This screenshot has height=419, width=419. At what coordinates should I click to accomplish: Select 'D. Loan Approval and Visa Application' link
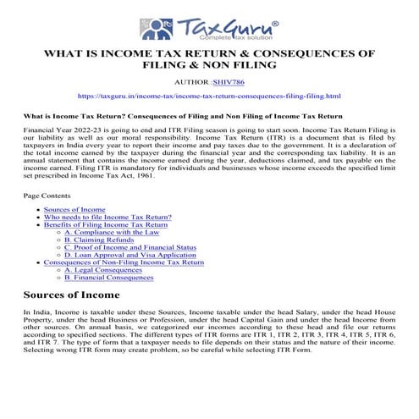(x=124, y=255)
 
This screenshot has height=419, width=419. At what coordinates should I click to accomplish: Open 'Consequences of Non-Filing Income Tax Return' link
(x=124, y=262)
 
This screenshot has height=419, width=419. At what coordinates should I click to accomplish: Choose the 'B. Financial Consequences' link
(x=109, y=278)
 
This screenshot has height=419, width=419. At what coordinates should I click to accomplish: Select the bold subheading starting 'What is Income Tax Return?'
(x=182, y=115)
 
